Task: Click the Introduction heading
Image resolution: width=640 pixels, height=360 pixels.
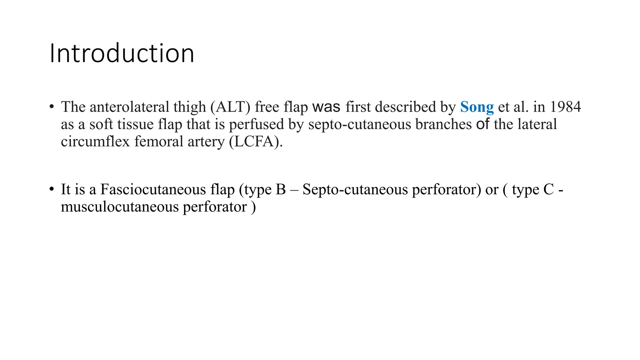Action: [x=122, y=53]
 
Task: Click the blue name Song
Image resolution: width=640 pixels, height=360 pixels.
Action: [x=477, y=107]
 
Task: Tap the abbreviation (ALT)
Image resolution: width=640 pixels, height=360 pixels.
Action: [x=230, y=107]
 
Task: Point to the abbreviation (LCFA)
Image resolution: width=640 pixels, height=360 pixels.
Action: [x=256, y=142]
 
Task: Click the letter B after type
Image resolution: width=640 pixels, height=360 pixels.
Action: [x=281, y=189]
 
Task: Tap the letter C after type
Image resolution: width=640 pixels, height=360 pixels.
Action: [x=548, y=189]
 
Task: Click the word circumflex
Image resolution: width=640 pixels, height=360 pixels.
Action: [x=95, y=142]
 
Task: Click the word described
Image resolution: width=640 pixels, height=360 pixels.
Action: [x=406, y=107]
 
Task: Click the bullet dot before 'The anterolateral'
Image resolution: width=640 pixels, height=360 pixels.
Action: [x=52, y=107]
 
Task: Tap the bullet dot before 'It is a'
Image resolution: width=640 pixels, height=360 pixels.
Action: [x=52, y=189]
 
